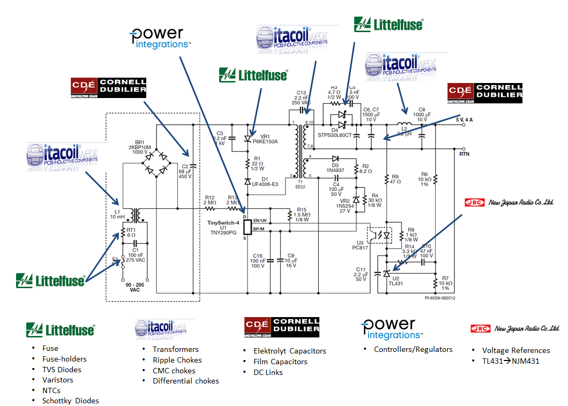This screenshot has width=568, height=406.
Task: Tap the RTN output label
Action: [x=465, y=154]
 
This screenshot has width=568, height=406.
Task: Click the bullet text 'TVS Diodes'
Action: [x=62, y=370]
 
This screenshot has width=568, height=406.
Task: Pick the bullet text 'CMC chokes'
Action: [x=174, y=371]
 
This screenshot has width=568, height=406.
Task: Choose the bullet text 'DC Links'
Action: [x=268, y=372]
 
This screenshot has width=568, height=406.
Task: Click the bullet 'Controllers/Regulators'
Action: [x=413, y=349]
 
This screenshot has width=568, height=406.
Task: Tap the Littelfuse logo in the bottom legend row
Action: [x=60, y=329]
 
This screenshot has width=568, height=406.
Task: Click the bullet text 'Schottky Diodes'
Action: [x=71, y=401]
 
